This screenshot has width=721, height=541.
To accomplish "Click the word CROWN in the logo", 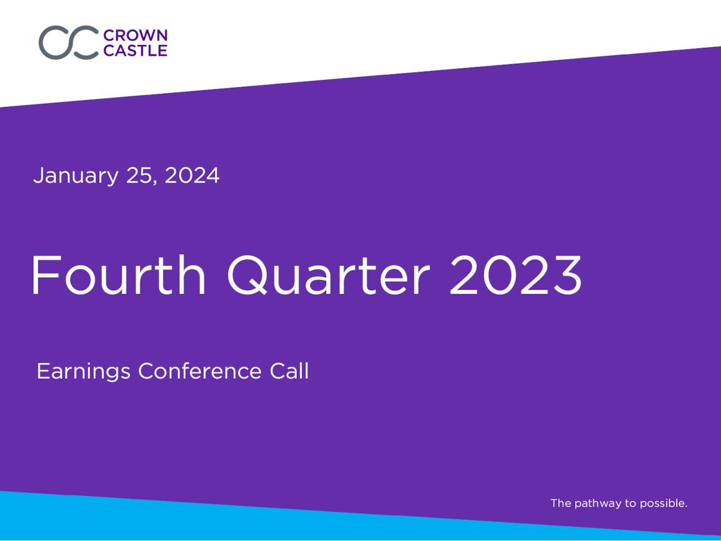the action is click(x=135, y=36).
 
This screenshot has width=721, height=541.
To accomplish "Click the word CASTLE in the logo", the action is click(x=135, y=51).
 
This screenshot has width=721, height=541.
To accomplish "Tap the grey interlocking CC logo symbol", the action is click(x=69, y=43).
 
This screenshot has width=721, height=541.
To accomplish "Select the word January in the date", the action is click(x=75, y=176).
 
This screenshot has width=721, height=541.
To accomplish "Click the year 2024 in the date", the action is click(x=192, y=175).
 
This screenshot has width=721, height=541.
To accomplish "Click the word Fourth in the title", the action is click(x=119, y=275).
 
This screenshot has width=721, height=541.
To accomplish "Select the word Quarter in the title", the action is click(x=328, y=275).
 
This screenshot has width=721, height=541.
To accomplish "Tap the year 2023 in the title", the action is click(x=515, y=275).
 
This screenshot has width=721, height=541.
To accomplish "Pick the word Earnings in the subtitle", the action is click(x=83, y=372).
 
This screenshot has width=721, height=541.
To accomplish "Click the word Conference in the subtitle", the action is click(x=200, y=371).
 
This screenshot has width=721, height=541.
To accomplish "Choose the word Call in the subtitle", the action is click(x=289, y=371).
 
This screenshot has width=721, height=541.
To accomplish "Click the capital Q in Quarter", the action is click(x=247, y=275).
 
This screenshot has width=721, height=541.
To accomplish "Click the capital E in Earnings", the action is click(x=43, y=371).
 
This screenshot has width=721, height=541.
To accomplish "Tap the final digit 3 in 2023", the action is click(x=567, y=275).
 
